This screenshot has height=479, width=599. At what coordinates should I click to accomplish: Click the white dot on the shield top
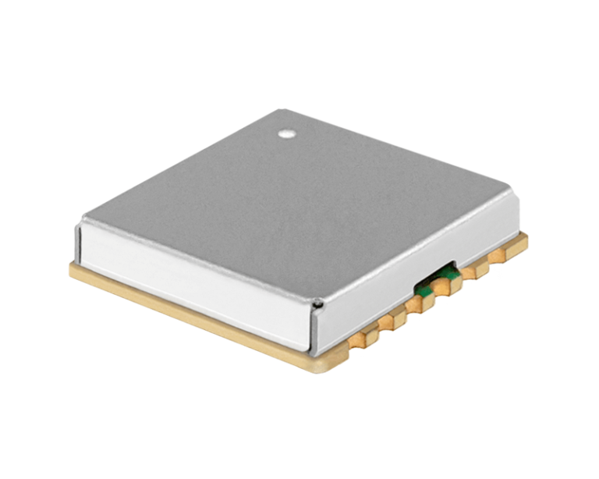(288, 133)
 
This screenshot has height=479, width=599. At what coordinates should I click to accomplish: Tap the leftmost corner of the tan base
(71, 269)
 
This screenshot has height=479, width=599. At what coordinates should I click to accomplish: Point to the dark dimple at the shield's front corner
(318, 303)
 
